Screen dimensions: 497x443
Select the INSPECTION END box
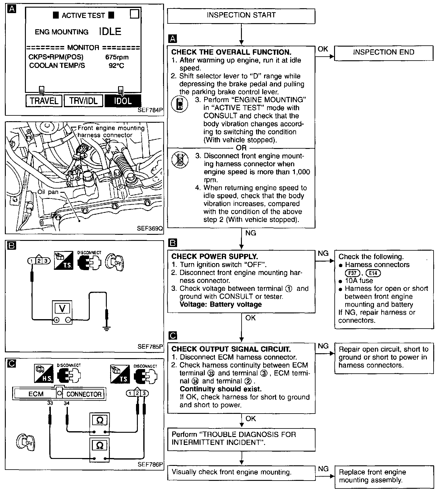pyautogui.click(x=383, y=53)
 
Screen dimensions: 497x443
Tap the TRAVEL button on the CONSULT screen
pyautogui.click(x=44, y=101)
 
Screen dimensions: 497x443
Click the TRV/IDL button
pyautogui.click(x=83, y=101)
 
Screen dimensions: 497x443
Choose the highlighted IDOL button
pyautogui.click(x=123, y=101)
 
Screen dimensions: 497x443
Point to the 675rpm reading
pyautogui.click(x=117, y=57)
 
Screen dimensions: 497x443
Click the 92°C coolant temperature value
pyautogui.click(x=117, y=65)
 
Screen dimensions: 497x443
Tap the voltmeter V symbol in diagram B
pyautogui.click(x=62, y=309)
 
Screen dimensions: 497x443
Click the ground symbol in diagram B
pyautogui.click(x=106, y=328)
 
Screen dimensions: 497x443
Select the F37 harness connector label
pyautogui.click(x=352, y=273)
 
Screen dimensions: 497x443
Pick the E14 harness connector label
pyautogui.click(x=373, y=273)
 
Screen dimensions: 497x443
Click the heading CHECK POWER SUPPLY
pyautogui.click(x=215, y=256)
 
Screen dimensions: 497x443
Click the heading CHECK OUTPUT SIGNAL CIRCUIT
pyautogui.click(x=231, y=349)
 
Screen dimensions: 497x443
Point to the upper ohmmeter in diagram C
pyautogui.click(x=99, y=421)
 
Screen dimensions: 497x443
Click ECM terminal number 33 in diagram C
pyautogui.click(x=50, y=403)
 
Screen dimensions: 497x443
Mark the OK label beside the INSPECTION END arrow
pyautogui.click(x=323, y=49)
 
